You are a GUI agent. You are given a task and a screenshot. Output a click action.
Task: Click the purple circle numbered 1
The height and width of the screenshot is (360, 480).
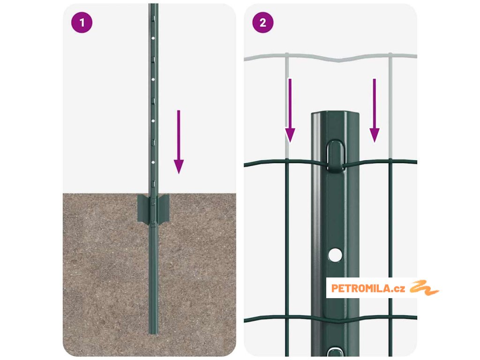click(82, 22)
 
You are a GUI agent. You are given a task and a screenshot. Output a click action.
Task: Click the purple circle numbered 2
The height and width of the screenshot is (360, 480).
click(263, 22)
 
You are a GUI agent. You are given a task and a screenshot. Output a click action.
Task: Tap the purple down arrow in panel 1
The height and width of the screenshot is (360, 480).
click(179, 142)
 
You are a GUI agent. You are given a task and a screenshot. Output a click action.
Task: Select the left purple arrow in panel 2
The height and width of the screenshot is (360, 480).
click(290, 111)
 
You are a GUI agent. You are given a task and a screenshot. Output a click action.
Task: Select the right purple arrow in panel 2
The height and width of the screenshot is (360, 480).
click(375, 111)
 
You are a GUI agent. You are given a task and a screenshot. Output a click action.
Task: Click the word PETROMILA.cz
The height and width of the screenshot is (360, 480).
click(368, 288)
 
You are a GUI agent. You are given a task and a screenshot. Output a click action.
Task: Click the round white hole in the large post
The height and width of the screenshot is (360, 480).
click(335, 255)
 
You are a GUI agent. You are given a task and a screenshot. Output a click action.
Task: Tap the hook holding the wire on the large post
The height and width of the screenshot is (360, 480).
click(335, 156)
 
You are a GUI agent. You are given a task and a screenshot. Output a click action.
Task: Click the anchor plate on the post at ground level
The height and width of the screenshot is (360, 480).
click(153, 209)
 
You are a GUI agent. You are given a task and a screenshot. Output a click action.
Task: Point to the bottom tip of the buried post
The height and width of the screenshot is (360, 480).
click(153, 333)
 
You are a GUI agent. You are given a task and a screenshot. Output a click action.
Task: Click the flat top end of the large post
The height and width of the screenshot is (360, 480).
click(335, 113)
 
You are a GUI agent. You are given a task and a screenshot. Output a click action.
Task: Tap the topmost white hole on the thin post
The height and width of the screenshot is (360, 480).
click(153, 38)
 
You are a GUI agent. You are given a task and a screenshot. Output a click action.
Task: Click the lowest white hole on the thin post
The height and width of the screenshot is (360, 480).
click(153, 162)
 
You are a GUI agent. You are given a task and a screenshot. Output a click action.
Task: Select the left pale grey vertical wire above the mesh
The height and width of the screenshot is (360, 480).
click(287, 106)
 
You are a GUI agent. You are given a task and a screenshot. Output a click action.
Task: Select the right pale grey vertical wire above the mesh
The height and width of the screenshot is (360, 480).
click(390, 106)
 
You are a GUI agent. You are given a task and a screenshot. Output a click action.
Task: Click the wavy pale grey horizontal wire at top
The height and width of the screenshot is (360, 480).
click(330, 58)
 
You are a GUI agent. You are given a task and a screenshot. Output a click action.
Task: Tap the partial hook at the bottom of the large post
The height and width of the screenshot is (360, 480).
click(335, 352)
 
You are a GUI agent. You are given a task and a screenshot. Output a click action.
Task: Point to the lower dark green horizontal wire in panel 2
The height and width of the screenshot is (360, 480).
click(330, 319)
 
